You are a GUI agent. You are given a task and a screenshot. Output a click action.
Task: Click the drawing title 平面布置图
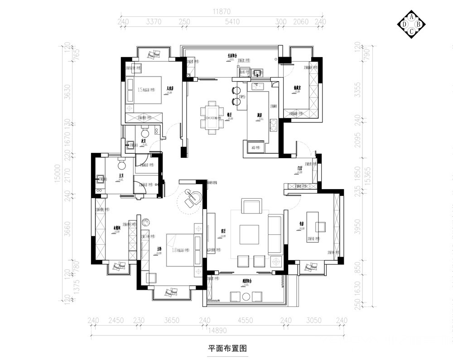coord(227,349)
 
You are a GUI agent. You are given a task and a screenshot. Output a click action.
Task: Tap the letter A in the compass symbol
coord(411,16)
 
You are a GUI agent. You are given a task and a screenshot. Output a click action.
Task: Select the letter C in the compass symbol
coord(411,31)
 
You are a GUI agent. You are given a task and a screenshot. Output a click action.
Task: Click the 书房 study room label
coord(301,223)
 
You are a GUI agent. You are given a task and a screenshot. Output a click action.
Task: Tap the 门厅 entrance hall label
coord(300,168)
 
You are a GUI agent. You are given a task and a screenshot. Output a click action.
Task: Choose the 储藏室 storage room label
coord(297,89)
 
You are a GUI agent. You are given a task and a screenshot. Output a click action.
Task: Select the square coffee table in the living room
coord(249,234)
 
